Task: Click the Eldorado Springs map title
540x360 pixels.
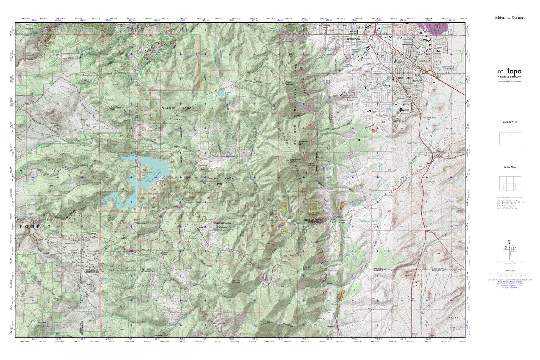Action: point(510,18)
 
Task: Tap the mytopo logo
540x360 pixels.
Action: point(509,72)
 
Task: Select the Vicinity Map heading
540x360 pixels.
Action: point(510,122)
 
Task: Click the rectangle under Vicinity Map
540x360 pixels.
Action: point(510,138)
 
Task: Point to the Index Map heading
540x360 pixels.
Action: point(510,167)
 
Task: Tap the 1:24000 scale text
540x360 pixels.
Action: point(510,270)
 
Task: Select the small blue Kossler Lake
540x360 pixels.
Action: point(221,92)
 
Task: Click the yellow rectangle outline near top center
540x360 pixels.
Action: point(205,80)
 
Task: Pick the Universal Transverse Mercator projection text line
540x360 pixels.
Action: point(510,280)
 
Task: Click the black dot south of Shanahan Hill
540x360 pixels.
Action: point(360,140)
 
